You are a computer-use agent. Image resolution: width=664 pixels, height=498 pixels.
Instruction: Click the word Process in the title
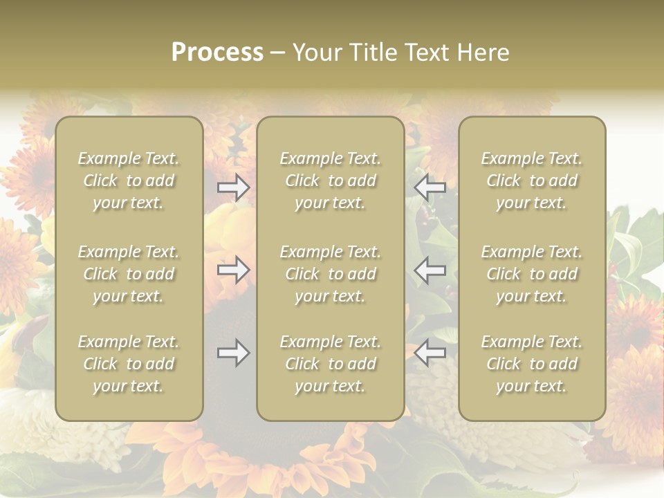click(x=217, y=53)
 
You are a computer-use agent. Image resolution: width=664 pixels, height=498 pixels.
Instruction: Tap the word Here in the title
click(x=483, y=53)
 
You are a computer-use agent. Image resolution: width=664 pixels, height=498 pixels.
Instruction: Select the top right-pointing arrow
click(x=233, y=187)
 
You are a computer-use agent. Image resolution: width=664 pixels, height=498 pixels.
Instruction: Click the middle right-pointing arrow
click(x=233, y=270)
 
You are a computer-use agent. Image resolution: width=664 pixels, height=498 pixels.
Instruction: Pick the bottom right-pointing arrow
click(x=233, y=353)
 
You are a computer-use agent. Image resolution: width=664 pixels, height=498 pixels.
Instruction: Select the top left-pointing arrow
click(x=430, y=187)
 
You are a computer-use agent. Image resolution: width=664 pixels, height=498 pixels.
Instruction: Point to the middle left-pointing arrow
click(x=430, y=270)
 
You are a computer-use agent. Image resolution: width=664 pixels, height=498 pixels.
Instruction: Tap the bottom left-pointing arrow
click(x=430, y=353)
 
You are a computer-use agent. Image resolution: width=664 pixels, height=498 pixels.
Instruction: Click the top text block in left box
click(x=129, y=181)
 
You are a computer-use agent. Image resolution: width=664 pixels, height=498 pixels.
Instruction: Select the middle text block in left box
click(x=129, y=274)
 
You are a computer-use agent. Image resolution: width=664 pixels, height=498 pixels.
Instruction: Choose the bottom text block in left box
click(x=129, y=364)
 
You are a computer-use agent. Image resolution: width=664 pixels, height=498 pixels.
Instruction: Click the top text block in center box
click(x=330, y=181)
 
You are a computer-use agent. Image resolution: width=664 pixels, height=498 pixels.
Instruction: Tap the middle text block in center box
click(x=330, y=274)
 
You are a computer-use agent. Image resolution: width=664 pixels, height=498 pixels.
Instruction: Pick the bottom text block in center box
click(x=330, y=364)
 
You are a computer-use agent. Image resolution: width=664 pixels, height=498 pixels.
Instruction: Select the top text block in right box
click(x=531, y=181)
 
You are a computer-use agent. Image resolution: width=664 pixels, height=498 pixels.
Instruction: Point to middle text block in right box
click(x=531, y=274)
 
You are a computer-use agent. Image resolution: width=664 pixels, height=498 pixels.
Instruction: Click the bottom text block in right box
click(x=531, y=364)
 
